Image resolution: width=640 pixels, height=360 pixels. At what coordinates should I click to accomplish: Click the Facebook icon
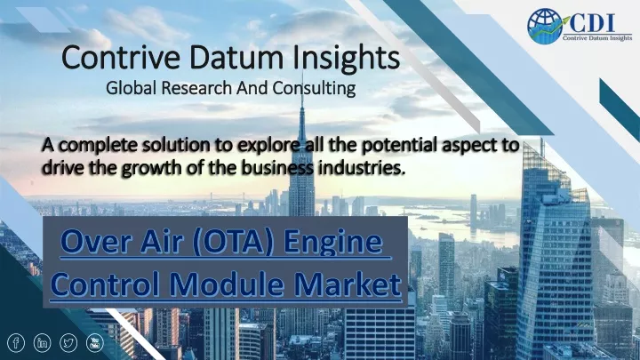pyautogui.click(x=16, y=343)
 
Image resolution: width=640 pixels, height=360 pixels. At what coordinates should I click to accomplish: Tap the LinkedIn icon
pyautogui.click(x=42, y=343)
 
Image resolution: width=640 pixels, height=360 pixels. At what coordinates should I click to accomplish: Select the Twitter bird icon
pyautogui.click(x=68, y=343)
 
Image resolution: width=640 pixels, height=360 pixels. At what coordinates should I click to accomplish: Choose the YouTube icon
pyautogui.click(x=95, y=343)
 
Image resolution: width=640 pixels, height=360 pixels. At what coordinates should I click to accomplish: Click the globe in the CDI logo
pyautogui.click(x=544, y=26)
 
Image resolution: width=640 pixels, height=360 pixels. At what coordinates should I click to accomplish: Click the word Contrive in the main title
pyautogui.click(x=121, y=58)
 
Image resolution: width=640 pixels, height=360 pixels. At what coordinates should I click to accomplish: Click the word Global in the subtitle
pyautogui.click(x=131, y=88)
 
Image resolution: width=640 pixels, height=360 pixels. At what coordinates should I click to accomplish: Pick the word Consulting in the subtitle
pyautogui.click(x=314, y=88)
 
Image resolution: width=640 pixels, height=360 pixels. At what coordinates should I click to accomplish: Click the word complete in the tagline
pyautogui.click(x=98, y=146)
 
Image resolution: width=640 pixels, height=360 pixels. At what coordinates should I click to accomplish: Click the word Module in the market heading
pyautogui.click(x=226, y=284)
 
